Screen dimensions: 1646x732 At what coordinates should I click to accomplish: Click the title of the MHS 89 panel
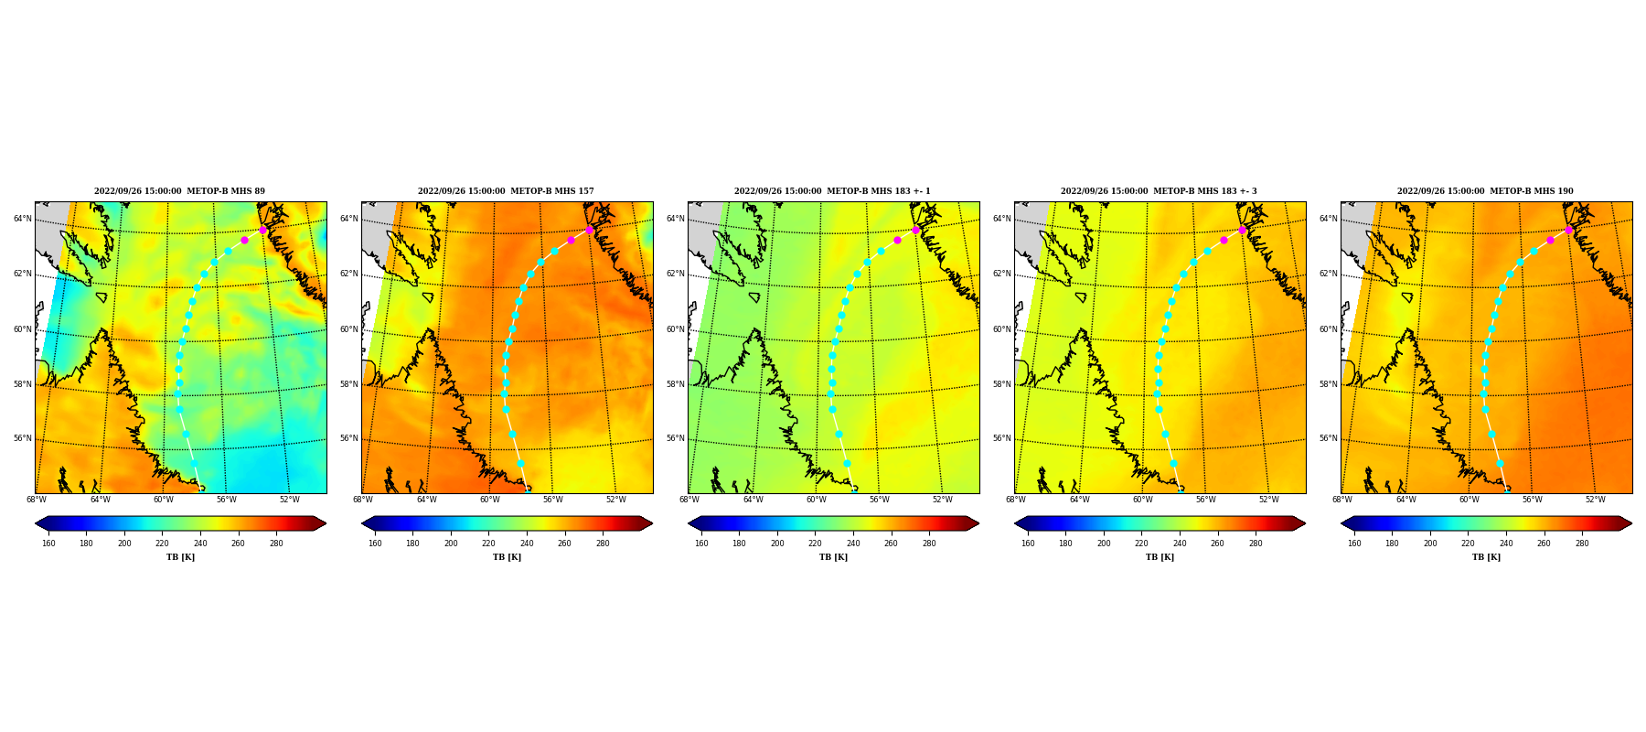click(179, 191)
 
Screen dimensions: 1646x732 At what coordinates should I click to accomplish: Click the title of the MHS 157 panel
click(506, 191)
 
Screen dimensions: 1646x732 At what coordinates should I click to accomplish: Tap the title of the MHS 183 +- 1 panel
click(832, 191)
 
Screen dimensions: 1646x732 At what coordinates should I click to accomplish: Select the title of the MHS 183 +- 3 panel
click(1159, 191)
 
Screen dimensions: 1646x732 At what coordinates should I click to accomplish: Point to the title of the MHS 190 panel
click(1485, 191)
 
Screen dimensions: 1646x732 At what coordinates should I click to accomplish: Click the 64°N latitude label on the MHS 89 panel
click(22, 219)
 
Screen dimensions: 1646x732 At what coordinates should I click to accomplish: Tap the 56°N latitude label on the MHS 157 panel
click(349, 438)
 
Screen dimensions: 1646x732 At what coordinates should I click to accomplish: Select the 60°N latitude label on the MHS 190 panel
click(1329, 329)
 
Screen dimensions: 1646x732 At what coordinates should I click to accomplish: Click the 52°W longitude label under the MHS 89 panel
click(290, 500)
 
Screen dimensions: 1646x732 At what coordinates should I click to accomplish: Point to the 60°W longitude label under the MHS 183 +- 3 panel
click(1142, 500)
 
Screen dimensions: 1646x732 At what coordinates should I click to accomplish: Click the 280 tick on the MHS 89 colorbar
click(276, 544)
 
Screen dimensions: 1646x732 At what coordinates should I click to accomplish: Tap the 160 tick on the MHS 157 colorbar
click(375, 544)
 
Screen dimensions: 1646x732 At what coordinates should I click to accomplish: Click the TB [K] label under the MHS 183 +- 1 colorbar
click(833, 557)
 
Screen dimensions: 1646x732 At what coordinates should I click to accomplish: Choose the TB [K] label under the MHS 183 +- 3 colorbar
click(1160, 557)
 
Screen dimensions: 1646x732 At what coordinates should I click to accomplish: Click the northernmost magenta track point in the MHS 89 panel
click(262, 230)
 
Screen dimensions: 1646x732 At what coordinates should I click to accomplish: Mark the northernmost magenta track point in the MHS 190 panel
click(1568, 230)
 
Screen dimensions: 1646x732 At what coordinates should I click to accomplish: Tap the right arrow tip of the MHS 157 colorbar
click(653, 523)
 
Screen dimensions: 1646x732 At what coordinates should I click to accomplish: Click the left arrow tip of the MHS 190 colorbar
click(1341, 523)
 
